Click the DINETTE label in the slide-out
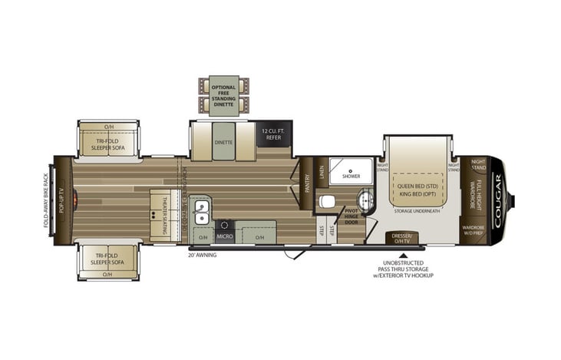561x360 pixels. click(223, 142)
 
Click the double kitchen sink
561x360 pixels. click(202, 209)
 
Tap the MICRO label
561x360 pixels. click(224, 236)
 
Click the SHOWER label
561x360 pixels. click(351, 176)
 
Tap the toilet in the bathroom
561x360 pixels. click(328, 202)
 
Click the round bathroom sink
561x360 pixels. click(366, 201)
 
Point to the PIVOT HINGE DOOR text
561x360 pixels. click(351, 216)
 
